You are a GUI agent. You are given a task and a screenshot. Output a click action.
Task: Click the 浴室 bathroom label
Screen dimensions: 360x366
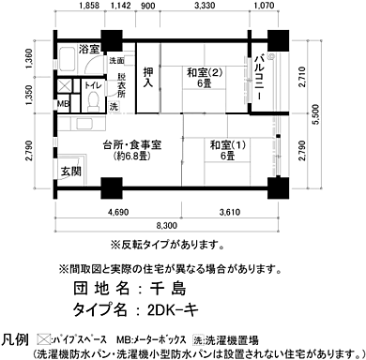pos(89,48)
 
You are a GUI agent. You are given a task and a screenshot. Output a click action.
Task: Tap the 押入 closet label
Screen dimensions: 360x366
pos(147,77)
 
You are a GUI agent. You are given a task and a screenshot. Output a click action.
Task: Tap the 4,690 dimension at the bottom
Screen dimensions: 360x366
pos(118,213)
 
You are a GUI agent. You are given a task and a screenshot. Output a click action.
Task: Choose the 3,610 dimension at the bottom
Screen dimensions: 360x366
pos(232,213)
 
